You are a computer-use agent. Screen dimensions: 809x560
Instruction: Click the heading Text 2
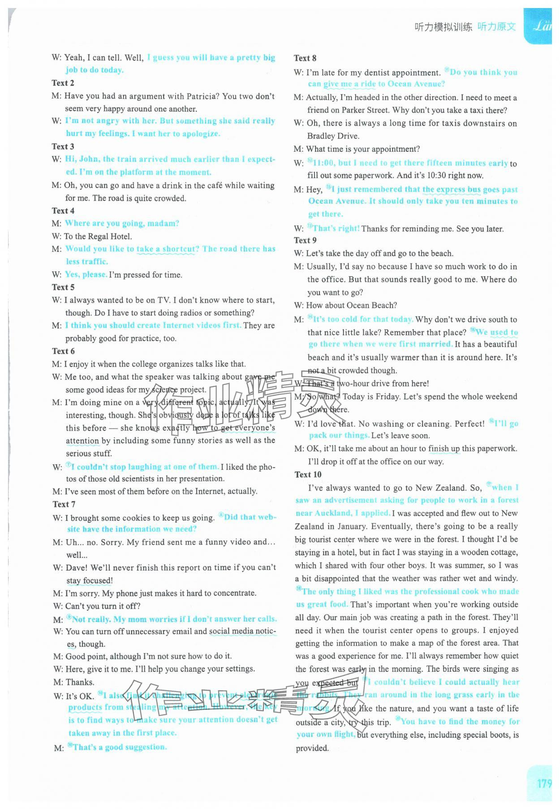[63, 83]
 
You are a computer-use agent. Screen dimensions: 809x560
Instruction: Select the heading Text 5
[63, 287]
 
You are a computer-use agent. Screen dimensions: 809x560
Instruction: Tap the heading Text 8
[305, 58]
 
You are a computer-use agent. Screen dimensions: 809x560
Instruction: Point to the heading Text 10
[308, 474]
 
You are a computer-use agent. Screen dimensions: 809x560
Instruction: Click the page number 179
[544, 783]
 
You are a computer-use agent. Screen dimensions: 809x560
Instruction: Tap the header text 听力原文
[496, 27]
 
